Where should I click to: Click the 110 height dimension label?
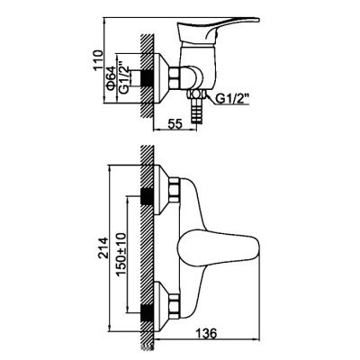click(x=98, y=60)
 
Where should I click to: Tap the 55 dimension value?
click(x=175, y=124)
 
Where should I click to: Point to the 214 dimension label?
click(x=103, y=248)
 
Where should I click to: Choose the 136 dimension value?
click(x=206, y=334)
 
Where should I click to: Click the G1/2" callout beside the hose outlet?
click(x=232, y=99)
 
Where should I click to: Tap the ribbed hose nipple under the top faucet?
click(x=197, y=111)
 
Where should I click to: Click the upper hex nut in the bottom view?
click(x=175, y=190)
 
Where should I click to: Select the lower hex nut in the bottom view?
click(x=175, y=306)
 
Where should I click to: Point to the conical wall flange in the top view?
click(x=161, y=79)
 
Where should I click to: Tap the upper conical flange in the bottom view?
click(x=161, y=190)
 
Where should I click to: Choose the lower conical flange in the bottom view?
click(x=161, y=306)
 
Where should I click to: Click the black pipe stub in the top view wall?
click(x=147, y=79)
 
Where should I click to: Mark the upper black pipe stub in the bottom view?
click(x=147, y=196)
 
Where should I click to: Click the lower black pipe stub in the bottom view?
click(x=147, y=312)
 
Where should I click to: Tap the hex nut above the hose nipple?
click(x=196, y=94)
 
